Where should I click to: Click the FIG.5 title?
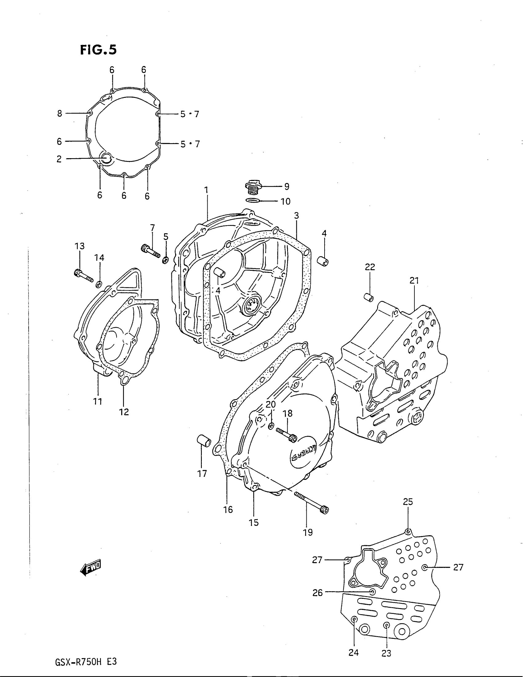pyautogui.click(x=98, y=50)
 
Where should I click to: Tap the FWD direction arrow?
pyautogui.click(x=90, y=568)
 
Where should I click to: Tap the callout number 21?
pyautogui.click(x=414, y=281)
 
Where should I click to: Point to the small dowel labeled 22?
pyautogui.click(x=368, y=297)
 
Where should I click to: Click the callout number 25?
pyautogui.click(x=408, y=502)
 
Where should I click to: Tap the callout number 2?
pyautogui.click(x=59, y=159)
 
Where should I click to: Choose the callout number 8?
pyautogui.click(x=59, y=114)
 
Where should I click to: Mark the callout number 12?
pyautogui.click(x=124, y=412)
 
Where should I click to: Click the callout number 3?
pyautogui.click(x=296, y=215)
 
